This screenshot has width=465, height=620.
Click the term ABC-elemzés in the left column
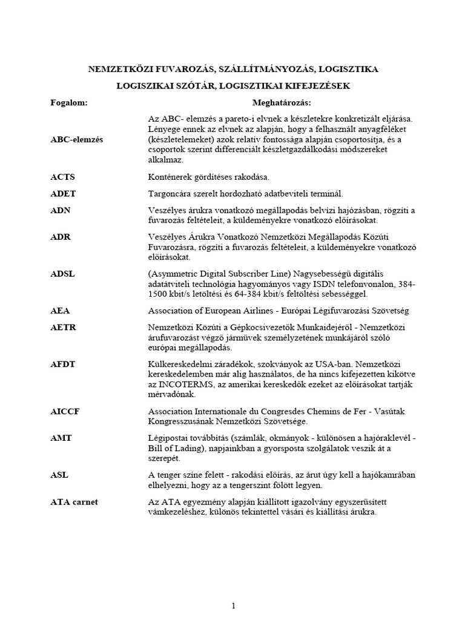76,139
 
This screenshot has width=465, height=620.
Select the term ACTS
62,177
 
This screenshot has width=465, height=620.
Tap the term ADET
63,194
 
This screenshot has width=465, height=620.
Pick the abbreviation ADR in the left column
61,237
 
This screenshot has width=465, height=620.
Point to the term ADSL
63,274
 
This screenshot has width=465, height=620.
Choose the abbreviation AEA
61,311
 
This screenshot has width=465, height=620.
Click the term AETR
64,327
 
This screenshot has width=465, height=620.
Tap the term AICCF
65,411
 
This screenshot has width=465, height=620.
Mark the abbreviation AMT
61,438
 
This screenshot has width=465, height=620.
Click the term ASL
60,475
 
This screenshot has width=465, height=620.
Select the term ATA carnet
74,502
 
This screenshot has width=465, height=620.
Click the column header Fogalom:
68,102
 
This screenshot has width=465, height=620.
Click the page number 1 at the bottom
233,589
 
